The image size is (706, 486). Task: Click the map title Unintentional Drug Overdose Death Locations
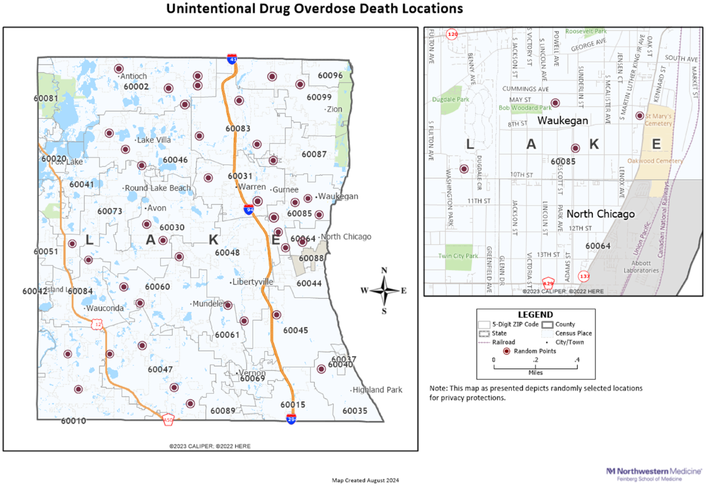click(x=314, y=9)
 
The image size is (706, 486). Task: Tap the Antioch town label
click(x=134, y=76)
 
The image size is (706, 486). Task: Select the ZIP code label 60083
click(x=238, y=128)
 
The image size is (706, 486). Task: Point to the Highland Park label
click(x=377, y=390)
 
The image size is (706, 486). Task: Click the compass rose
click(x=384, y=290)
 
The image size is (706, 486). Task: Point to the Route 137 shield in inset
click(x=584, y=276)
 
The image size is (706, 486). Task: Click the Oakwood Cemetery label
click(x=655, y=160)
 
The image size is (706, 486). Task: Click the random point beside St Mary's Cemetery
click(x=640, y=115)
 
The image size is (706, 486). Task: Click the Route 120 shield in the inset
click(x=452, y=35)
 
